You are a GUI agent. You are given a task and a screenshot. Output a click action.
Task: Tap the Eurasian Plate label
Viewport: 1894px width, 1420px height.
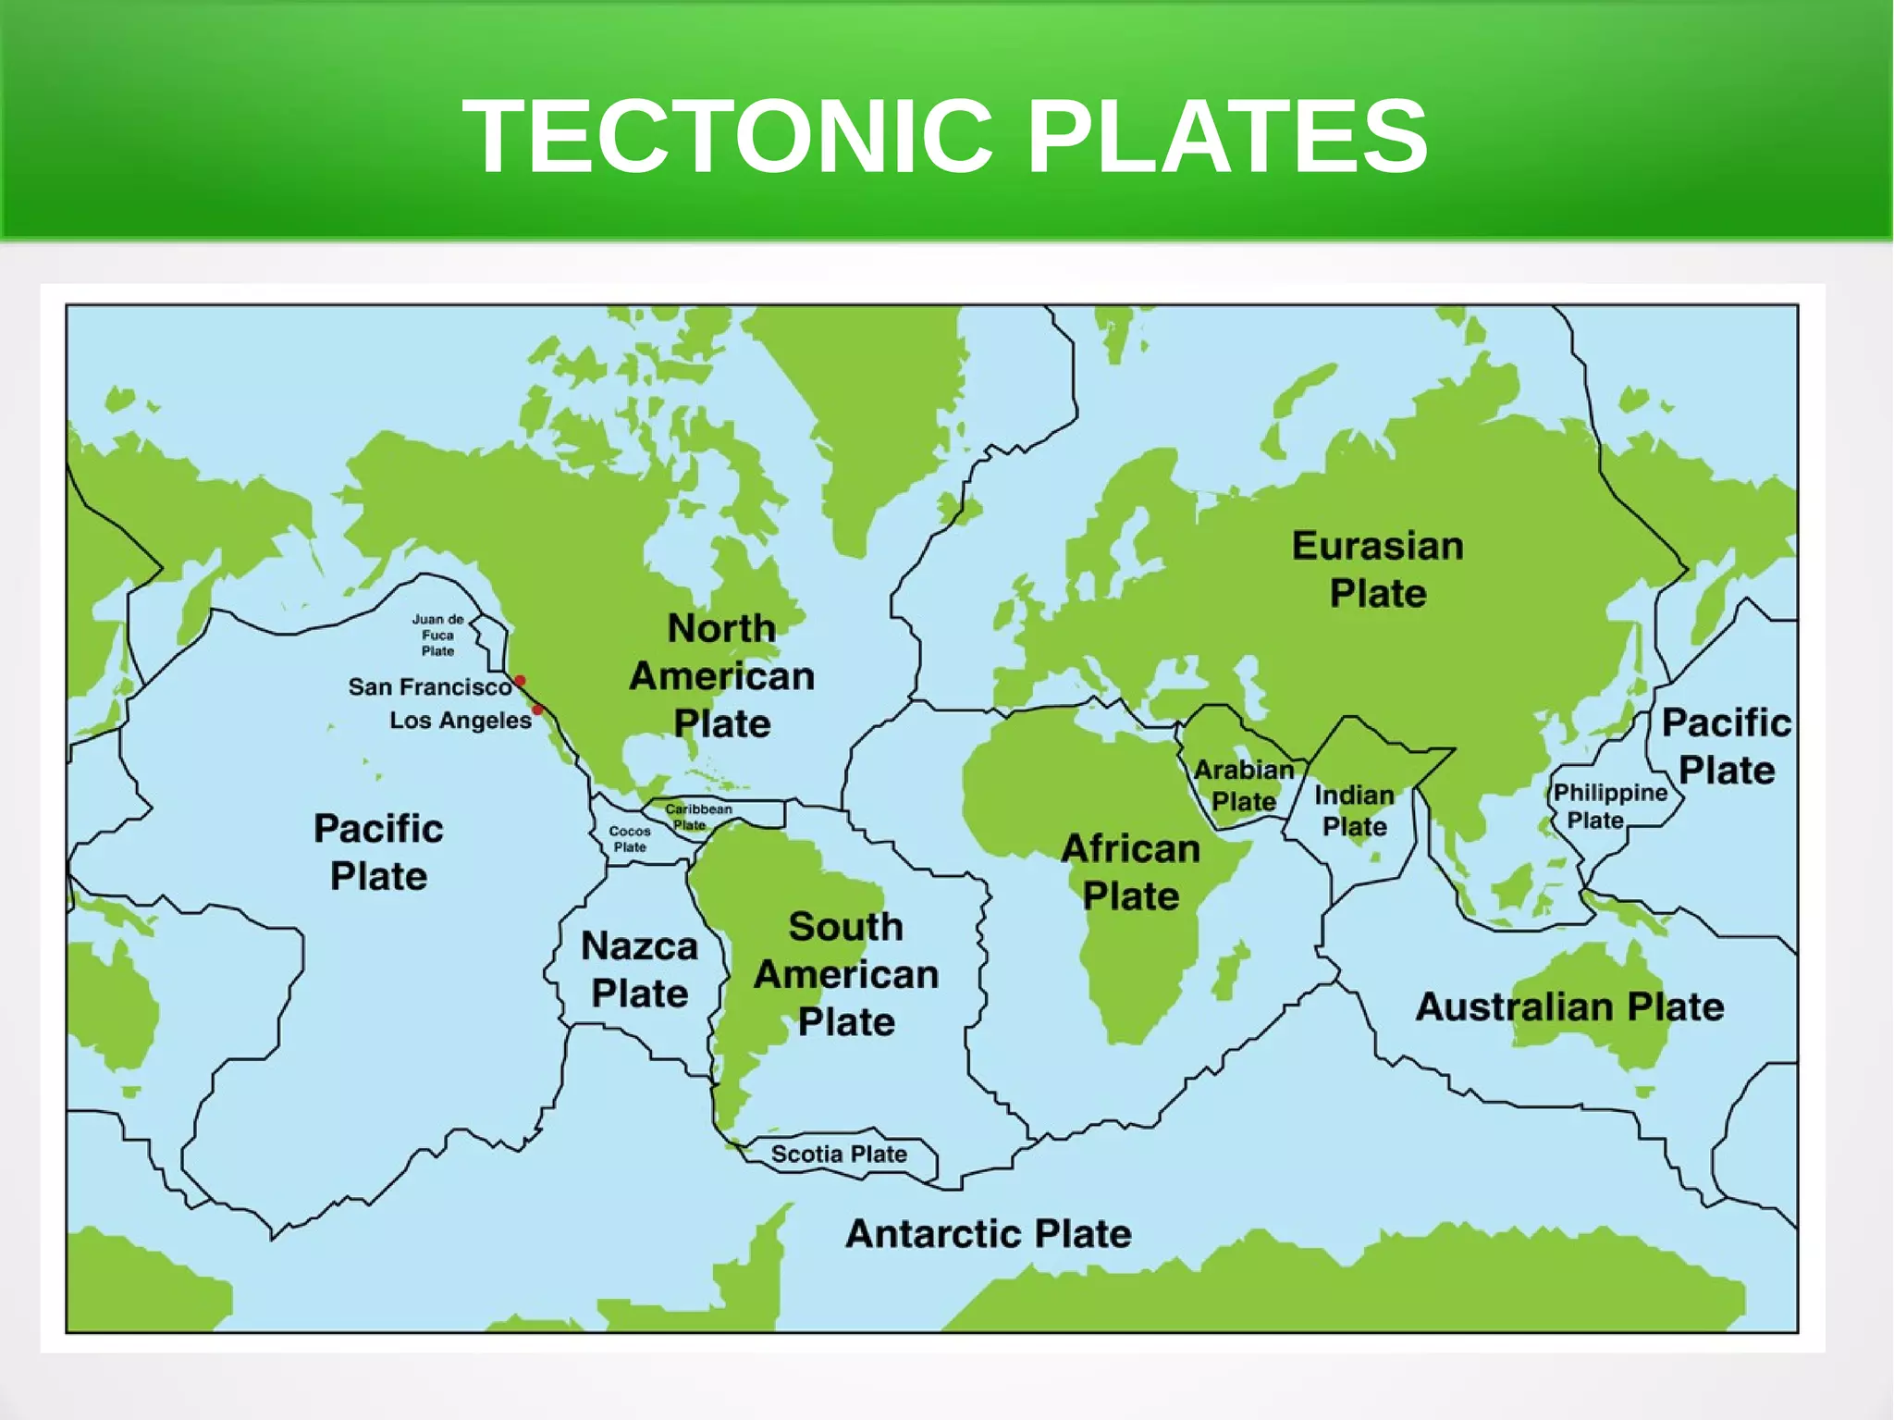pos(1377,569)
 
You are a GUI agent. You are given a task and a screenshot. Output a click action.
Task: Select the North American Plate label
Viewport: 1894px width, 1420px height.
pos(722,675)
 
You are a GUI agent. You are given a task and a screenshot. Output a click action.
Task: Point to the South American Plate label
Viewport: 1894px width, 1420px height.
pos(846,973)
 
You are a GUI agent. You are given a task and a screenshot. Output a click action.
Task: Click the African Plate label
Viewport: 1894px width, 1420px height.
pos(1130,871)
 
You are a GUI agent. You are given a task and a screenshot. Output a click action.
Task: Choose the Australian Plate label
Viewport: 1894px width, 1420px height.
pos(1569,1006)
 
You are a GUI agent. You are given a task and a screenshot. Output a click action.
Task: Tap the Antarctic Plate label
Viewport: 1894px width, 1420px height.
pos(988,1233)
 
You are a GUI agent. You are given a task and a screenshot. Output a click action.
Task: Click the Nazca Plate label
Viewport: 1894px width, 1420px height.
pos(639,969)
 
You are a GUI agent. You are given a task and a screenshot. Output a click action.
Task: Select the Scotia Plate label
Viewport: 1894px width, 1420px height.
pos(839,1154)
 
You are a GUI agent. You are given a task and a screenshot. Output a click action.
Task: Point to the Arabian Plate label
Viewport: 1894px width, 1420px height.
pos(1244,785)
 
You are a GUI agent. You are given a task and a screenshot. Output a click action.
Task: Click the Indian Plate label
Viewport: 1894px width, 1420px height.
pos(1354,810)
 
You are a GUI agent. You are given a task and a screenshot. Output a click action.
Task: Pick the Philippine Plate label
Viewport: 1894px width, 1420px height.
pos(1609,806)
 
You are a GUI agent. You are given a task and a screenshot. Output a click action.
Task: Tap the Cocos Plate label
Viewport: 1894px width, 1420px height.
pos(630,838)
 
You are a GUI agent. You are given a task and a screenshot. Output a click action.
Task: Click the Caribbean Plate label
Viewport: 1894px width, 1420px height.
pos(697,816)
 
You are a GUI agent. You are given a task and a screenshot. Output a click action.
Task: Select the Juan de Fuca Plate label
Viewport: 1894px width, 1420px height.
pos(437,635)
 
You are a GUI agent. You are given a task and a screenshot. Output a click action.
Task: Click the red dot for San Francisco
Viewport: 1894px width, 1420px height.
pos(520,681)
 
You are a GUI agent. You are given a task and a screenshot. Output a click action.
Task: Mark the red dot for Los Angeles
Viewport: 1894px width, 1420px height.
pos(537,710)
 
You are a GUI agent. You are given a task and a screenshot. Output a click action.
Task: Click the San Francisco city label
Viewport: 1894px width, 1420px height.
pos(429,686)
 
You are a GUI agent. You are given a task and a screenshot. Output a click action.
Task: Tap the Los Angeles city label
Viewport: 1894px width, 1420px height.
pos(460,720)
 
